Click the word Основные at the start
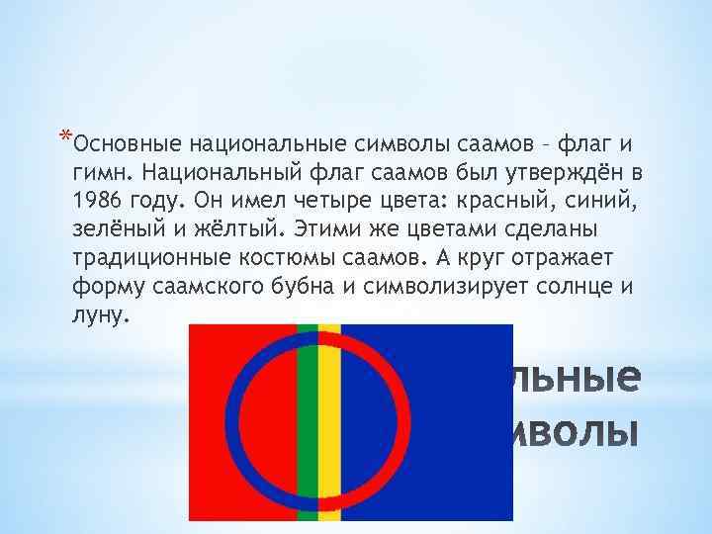click(123, 145)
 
